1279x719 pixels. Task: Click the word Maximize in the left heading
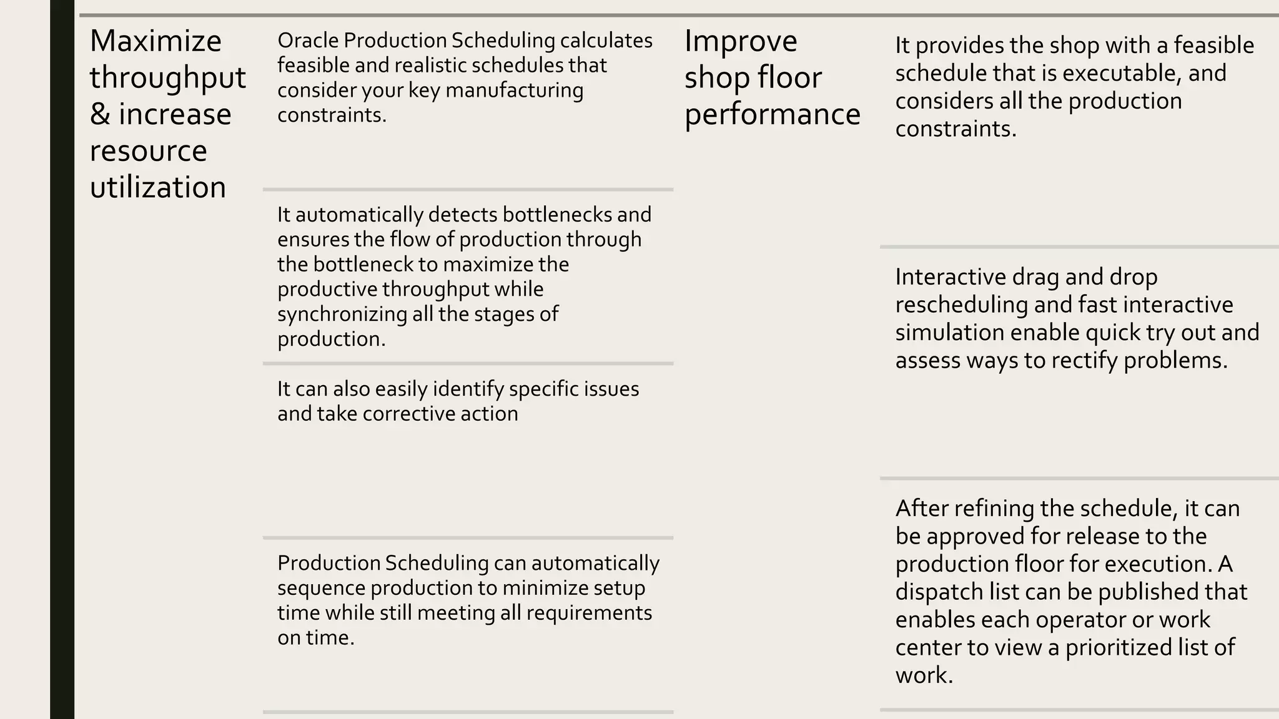pyautogui.click(x=156, y=41)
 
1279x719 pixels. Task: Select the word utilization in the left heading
pyautogui.click(x=157, y=187)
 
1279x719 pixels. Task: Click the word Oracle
pyautogui.click(x=308, y=41)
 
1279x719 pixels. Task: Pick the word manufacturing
pyautogui.click(x=514, y=90)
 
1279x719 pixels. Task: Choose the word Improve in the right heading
pyautogui.click(x=741, y=41)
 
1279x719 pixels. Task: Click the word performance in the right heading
pyautogui.click(x=772, y=114)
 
